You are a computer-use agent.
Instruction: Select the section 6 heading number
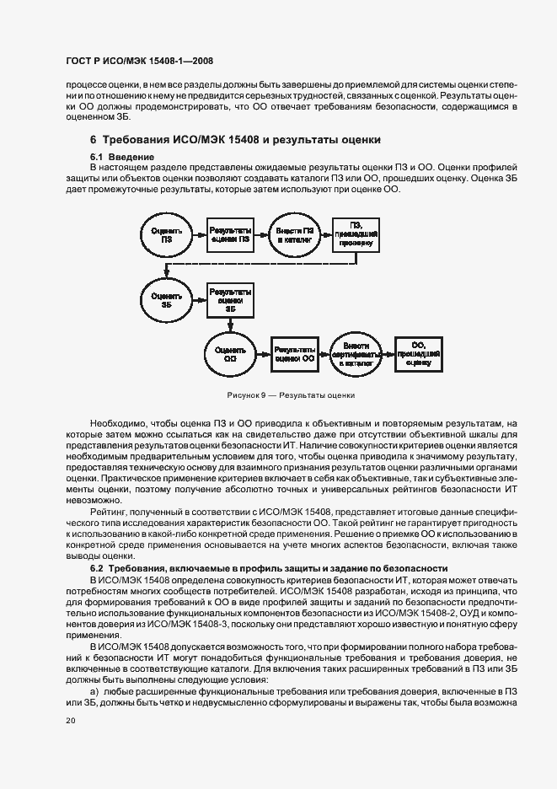coord(94,139)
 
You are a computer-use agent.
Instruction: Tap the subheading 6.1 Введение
coord(121,158)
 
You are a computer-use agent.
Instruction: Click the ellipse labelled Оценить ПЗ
coord(167,235)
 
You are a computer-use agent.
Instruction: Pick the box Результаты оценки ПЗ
coord(230,235)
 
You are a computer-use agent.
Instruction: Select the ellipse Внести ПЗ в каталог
coord(294,235)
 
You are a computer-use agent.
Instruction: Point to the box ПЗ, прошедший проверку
coord(356,235)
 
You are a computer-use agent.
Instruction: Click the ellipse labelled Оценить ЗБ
coord(167,298)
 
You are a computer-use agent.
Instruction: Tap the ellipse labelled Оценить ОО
coord(230,353)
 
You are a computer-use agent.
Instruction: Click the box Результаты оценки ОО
coord(294,353)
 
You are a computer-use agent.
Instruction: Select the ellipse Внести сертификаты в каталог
coord(356,353)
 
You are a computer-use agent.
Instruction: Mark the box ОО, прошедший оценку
coord(419,353)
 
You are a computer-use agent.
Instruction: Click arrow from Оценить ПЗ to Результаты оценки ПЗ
coord(199,235)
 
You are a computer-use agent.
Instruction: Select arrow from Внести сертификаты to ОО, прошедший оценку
coord(388,353)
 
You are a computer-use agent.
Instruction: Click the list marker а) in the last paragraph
coord(95,690)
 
